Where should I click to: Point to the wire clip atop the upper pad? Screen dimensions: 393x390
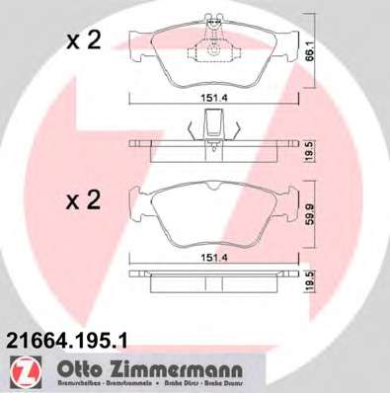coord(211,20)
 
